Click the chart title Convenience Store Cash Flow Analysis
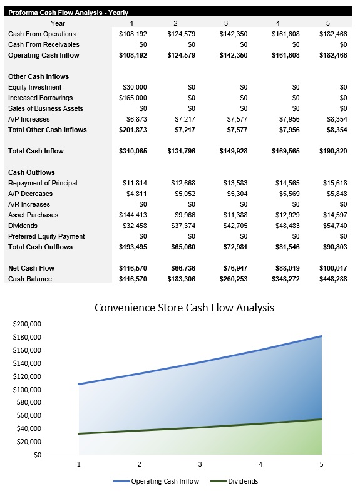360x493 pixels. pos(184,308)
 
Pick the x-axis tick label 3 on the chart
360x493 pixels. pos(200,464)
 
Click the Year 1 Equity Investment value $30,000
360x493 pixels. pos(133,87)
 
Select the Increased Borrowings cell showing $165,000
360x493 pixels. pos(133,98)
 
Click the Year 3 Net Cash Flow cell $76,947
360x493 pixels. pos(232,268)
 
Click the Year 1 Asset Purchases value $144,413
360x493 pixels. pos(133,215)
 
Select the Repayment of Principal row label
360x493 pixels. pos(43,183)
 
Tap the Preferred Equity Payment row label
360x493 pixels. pos(46,236)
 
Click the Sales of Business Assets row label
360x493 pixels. pos(46,108)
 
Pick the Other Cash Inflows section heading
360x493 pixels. pos(39,76)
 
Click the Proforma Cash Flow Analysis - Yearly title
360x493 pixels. pos(68,12)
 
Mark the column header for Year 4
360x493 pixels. pos(278,23)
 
